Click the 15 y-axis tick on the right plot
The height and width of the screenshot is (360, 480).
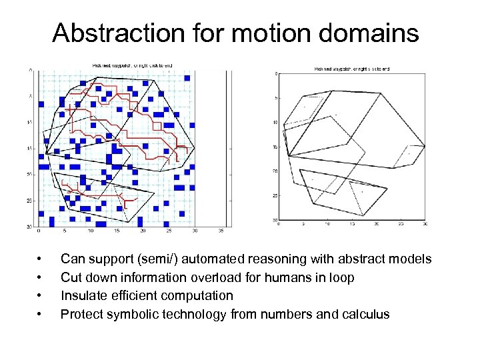(x=275, y=147)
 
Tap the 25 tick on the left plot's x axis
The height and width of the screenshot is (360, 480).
(x=169, y=232)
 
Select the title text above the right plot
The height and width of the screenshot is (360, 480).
(x=351, y=68)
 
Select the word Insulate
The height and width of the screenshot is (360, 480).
(x=83, y=295)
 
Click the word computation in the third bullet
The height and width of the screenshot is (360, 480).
(x=198, y=295)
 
